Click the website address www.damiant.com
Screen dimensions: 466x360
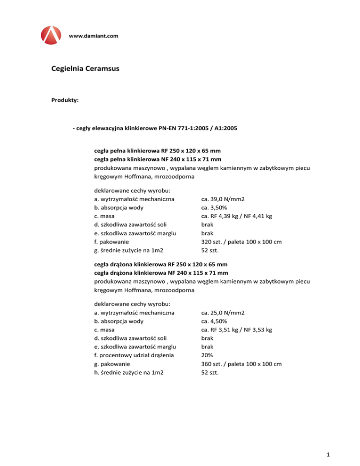[x=93, y=36]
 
